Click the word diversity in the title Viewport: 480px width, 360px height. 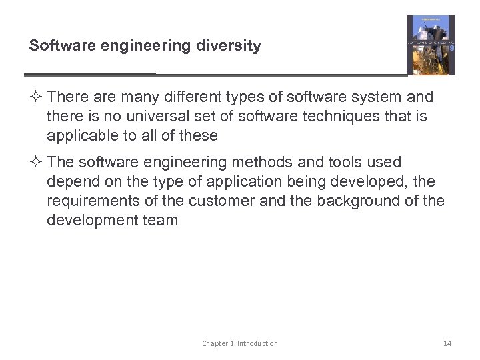pyautogui.click(x=231, y=46)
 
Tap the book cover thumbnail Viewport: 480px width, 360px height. pyautogui.click(x=431, y=45)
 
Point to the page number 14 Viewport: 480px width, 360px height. pyautogui.click(x=447, y=343)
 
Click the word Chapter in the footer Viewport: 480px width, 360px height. pyautogui.click(x=217, y=343)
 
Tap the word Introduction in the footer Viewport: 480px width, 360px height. pyautogui.click(x=257, y=343)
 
